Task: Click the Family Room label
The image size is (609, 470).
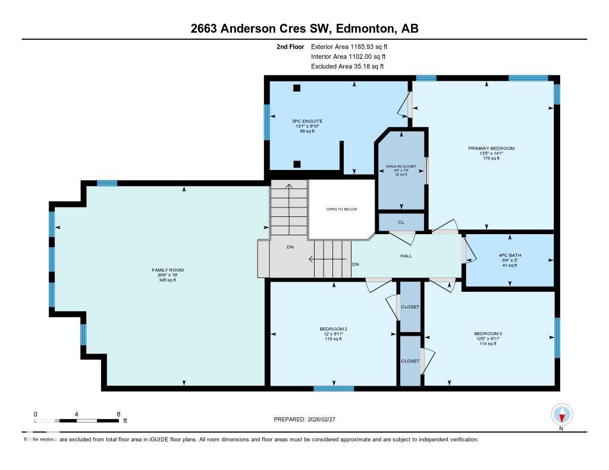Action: coord(164,270)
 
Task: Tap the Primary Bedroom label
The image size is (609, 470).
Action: coord(491,148)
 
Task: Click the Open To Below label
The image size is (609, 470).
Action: coord(341,209)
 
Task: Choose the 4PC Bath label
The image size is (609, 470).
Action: coord(510,255)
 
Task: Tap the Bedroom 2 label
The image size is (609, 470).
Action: coord(333,329)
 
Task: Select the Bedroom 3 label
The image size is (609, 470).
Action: coord(488,333)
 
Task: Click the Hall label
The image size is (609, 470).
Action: coord(406,256)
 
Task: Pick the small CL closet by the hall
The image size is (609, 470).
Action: coord(401,222)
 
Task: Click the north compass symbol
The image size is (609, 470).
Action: coord(561,414)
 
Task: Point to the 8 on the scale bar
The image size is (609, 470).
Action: coord(118,414)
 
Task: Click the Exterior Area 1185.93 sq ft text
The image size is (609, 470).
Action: coord(351,46)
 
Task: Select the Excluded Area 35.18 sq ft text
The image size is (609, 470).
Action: coord(347,67)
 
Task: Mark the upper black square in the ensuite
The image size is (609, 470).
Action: coord(297,89)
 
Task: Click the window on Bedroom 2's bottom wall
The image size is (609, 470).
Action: coord(333,389)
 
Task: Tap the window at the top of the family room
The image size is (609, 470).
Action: coord(107,184)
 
